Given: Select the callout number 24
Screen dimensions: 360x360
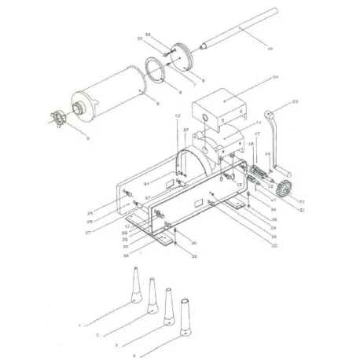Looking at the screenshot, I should (x=254, y=77).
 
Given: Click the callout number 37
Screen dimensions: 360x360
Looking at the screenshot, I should (x=186, y=130).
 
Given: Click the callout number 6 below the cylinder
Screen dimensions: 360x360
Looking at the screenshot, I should (x=66, y=138).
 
